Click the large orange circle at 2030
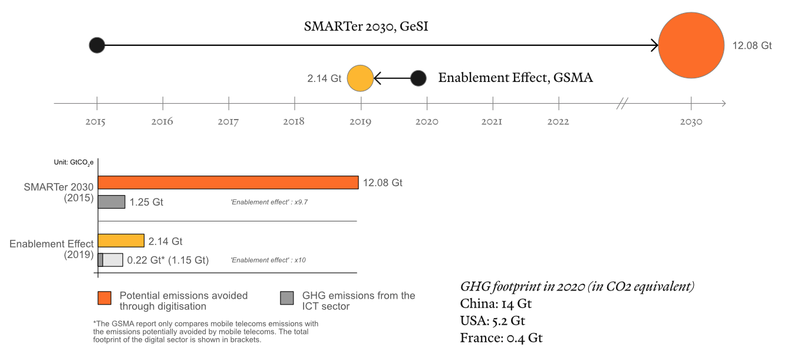pos(691,45)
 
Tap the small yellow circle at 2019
pos(360,78)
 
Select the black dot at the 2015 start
pos(97,45)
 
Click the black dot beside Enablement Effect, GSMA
pos(418,78)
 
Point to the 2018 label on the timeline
pos(294,122)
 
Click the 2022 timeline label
pos(558,122)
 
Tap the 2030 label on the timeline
pos(691,122)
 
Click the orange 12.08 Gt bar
pos(228,183)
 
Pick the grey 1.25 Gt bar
pos(111,202)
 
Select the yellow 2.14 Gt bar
pos(121,241)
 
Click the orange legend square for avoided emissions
pos(104,299)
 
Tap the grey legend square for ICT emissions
pos(287,299)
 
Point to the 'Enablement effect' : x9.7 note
pos(269,202)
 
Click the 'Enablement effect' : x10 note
pos(268,260)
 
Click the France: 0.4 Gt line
pos(501,338)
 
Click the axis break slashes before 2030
pos(622,104)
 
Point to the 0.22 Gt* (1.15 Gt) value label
pos(168,260)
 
